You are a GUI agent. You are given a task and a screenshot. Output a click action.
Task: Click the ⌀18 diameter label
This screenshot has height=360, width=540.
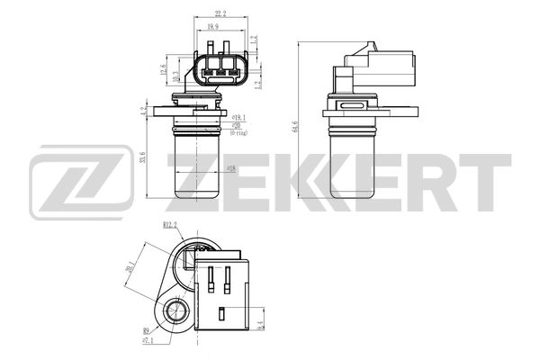[231, 168]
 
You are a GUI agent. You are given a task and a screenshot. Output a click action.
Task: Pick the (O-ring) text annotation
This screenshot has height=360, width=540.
[238, 132]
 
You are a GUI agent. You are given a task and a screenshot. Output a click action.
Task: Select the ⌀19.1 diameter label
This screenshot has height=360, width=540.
[238, 117]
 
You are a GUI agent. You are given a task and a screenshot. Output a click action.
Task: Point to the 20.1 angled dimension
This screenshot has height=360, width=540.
[132, 267]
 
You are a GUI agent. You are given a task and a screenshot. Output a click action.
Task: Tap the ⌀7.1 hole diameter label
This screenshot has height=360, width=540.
[148, 342]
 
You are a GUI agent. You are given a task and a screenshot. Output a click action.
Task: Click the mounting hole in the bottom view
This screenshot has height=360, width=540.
[176, 314]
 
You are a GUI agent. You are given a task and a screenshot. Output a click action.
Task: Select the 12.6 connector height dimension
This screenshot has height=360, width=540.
[163, 68]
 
